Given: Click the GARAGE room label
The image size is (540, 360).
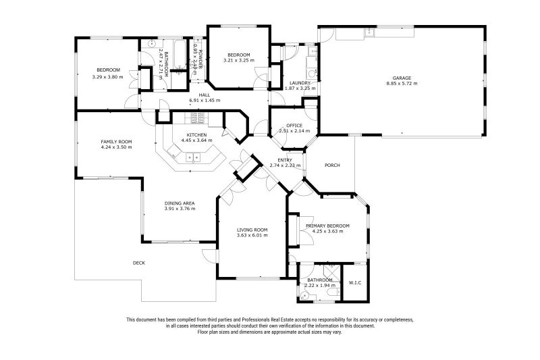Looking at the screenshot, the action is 402,78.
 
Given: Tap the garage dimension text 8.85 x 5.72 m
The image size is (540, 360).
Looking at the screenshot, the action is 402,83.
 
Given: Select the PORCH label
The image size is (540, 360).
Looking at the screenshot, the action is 332,165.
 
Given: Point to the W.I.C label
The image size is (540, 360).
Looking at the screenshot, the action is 355,283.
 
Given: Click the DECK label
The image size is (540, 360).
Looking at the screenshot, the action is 139,263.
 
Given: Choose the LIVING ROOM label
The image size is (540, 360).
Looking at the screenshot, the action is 252,230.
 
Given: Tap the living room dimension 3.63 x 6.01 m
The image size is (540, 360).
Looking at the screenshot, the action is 252,235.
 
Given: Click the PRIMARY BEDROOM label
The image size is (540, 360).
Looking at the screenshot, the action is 327,226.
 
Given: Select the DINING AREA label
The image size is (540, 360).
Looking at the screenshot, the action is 180,203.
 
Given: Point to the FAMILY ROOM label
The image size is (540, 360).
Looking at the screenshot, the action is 116,142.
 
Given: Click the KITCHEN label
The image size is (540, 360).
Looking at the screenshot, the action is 196,135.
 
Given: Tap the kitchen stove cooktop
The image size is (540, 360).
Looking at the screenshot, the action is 198,118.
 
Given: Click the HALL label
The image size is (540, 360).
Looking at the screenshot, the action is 205,95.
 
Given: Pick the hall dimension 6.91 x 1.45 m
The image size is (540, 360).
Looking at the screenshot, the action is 205,101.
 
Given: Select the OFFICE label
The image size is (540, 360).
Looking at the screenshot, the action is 294,126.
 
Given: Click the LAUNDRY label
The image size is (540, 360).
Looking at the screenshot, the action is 300,83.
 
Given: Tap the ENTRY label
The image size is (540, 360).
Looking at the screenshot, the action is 285,160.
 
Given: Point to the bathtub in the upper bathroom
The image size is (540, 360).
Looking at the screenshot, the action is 180,54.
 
